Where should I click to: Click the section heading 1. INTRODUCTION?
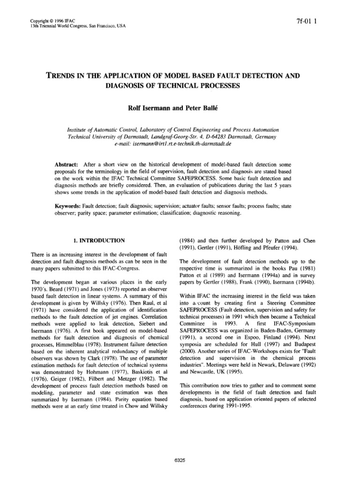pyautogui.click(x=100, y=240)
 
